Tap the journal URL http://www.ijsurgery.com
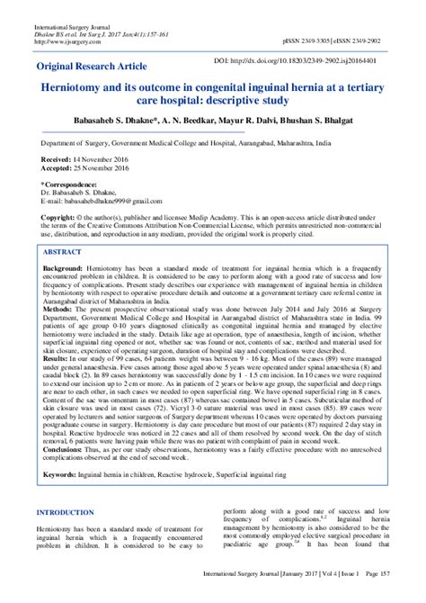coord(67,41)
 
